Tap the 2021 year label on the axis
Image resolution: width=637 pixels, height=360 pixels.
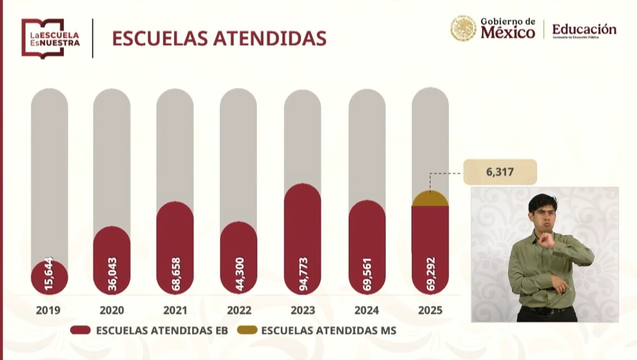coord(175,310)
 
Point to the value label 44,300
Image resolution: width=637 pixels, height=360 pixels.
coord(239,275)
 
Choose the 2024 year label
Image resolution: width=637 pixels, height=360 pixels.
coord(367,310)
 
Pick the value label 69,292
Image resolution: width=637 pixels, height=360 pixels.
coord(431,275)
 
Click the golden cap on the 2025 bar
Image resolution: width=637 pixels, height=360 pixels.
coord(430,199)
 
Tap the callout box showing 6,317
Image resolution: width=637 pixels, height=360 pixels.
coord(500,172)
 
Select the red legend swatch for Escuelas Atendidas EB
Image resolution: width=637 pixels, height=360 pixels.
coord(81,330)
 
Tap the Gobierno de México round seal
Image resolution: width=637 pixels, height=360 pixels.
coord(463,28)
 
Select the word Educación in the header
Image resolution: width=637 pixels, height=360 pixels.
coord(584,29)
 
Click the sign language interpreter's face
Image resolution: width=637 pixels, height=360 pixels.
coord(543,212)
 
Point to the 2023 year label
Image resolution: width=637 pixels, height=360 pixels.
coord(303,310)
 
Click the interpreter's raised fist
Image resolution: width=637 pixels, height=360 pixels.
coord(546,240)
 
